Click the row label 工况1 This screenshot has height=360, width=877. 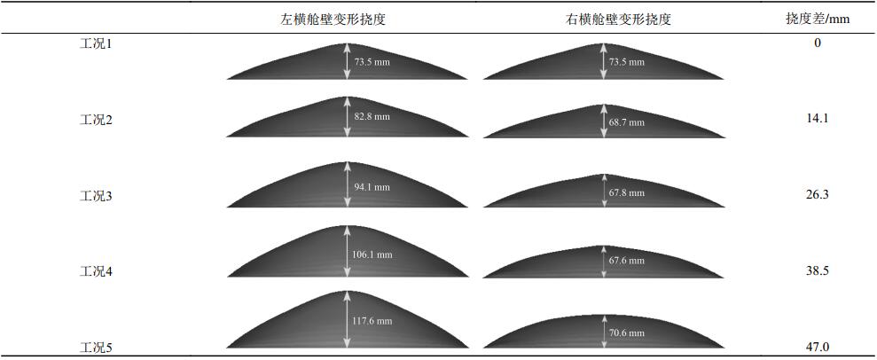point(96,43)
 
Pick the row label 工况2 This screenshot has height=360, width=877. point(96,120)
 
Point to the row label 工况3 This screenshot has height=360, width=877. point(96,196)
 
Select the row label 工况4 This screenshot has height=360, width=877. point(96,271)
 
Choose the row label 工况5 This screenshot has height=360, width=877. point(96,348)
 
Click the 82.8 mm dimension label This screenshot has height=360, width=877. point(372,116)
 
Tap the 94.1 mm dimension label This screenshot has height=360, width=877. point(372,187)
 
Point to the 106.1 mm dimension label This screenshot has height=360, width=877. point(372,254)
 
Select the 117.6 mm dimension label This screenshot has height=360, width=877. point(372,321)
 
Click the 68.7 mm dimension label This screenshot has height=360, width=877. point(627,122)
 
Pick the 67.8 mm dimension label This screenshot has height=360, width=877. point(627,192)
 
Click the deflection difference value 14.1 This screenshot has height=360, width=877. point(817,118)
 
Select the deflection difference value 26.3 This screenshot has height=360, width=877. point(817,194)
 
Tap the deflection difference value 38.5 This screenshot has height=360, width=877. point(817,270)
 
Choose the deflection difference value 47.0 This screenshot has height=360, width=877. point(817,347)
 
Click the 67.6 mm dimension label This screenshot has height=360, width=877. point(627,261)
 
